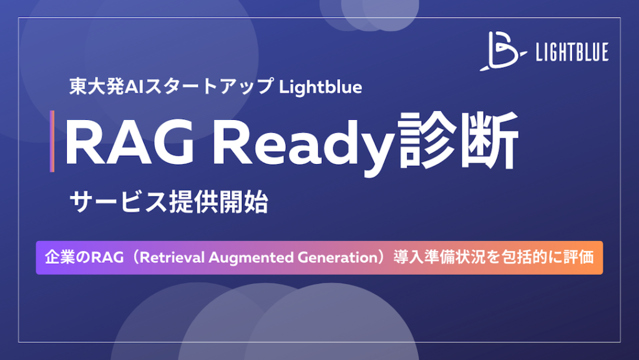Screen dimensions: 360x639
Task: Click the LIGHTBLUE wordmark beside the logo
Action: point(572,53)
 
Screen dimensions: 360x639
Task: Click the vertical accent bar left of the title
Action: point(52,141)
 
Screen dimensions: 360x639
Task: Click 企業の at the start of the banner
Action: point(66,258)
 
